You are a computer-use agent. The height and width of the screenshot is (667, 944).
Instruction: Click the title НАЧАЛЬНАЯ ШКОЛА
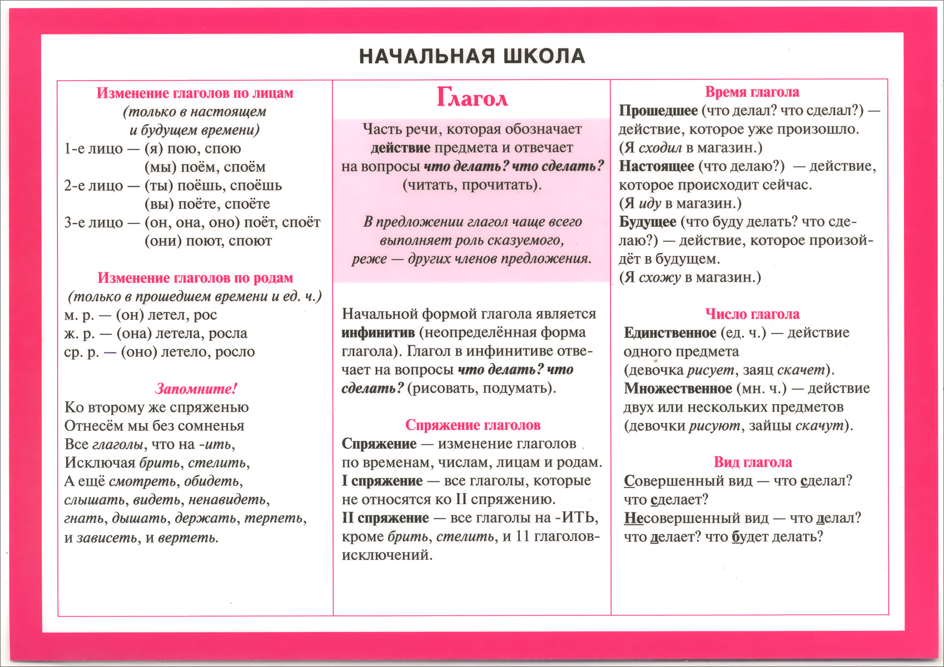click(472, 56)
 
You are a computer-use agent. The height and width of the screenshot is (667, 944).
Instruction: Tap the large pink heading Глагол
click(472, 98)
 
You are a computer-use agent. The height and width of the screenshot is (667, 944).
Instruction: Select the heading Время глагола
click(752, 92)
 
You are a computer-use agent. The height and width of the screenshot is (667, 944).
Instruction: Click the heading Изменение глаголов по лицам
click(195, 93)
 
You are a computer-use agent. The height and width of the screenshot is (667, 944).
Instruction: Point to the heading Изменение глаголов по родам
click(195, 278)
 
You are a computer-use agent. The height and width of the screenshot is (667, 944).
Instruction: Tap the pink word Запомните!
click(196, 389)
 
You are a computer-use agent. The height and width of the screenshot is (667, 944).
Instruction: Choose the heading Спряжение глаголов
click(473, 425)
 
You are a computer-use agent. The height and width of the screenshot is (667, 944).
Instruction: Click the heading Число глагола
click(752, 314)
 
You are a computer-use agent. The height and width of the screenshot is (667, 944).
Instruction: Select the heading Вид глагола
click(753, 462)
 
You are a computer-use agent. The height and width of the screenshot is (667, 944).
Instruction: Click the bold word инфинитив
click(378, 333)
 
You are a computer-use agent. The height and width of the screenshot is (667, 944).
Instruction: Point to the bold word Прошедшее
click(658, 111)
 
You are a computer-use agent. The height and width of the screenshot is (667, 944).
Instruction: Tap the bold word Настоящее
click(657, 166)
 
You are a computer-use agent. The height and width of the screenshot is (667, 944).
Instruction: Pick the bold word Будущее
click(647, 222)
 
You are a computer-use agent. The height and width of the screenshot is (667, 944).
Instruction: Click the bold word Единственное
click(670, 333)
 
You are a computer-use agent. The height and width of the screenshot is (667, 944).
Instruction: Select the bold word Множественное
click(678, 389)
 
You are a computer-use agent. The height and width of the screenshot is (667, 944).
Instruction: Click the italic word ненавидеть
click(228, 500)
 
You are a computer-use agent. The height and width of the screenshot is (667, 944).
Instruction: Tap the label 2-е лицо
click(93, 186)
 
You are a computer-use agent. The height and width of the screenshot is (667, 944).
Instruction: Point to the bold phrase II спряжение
click(385, 518)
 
